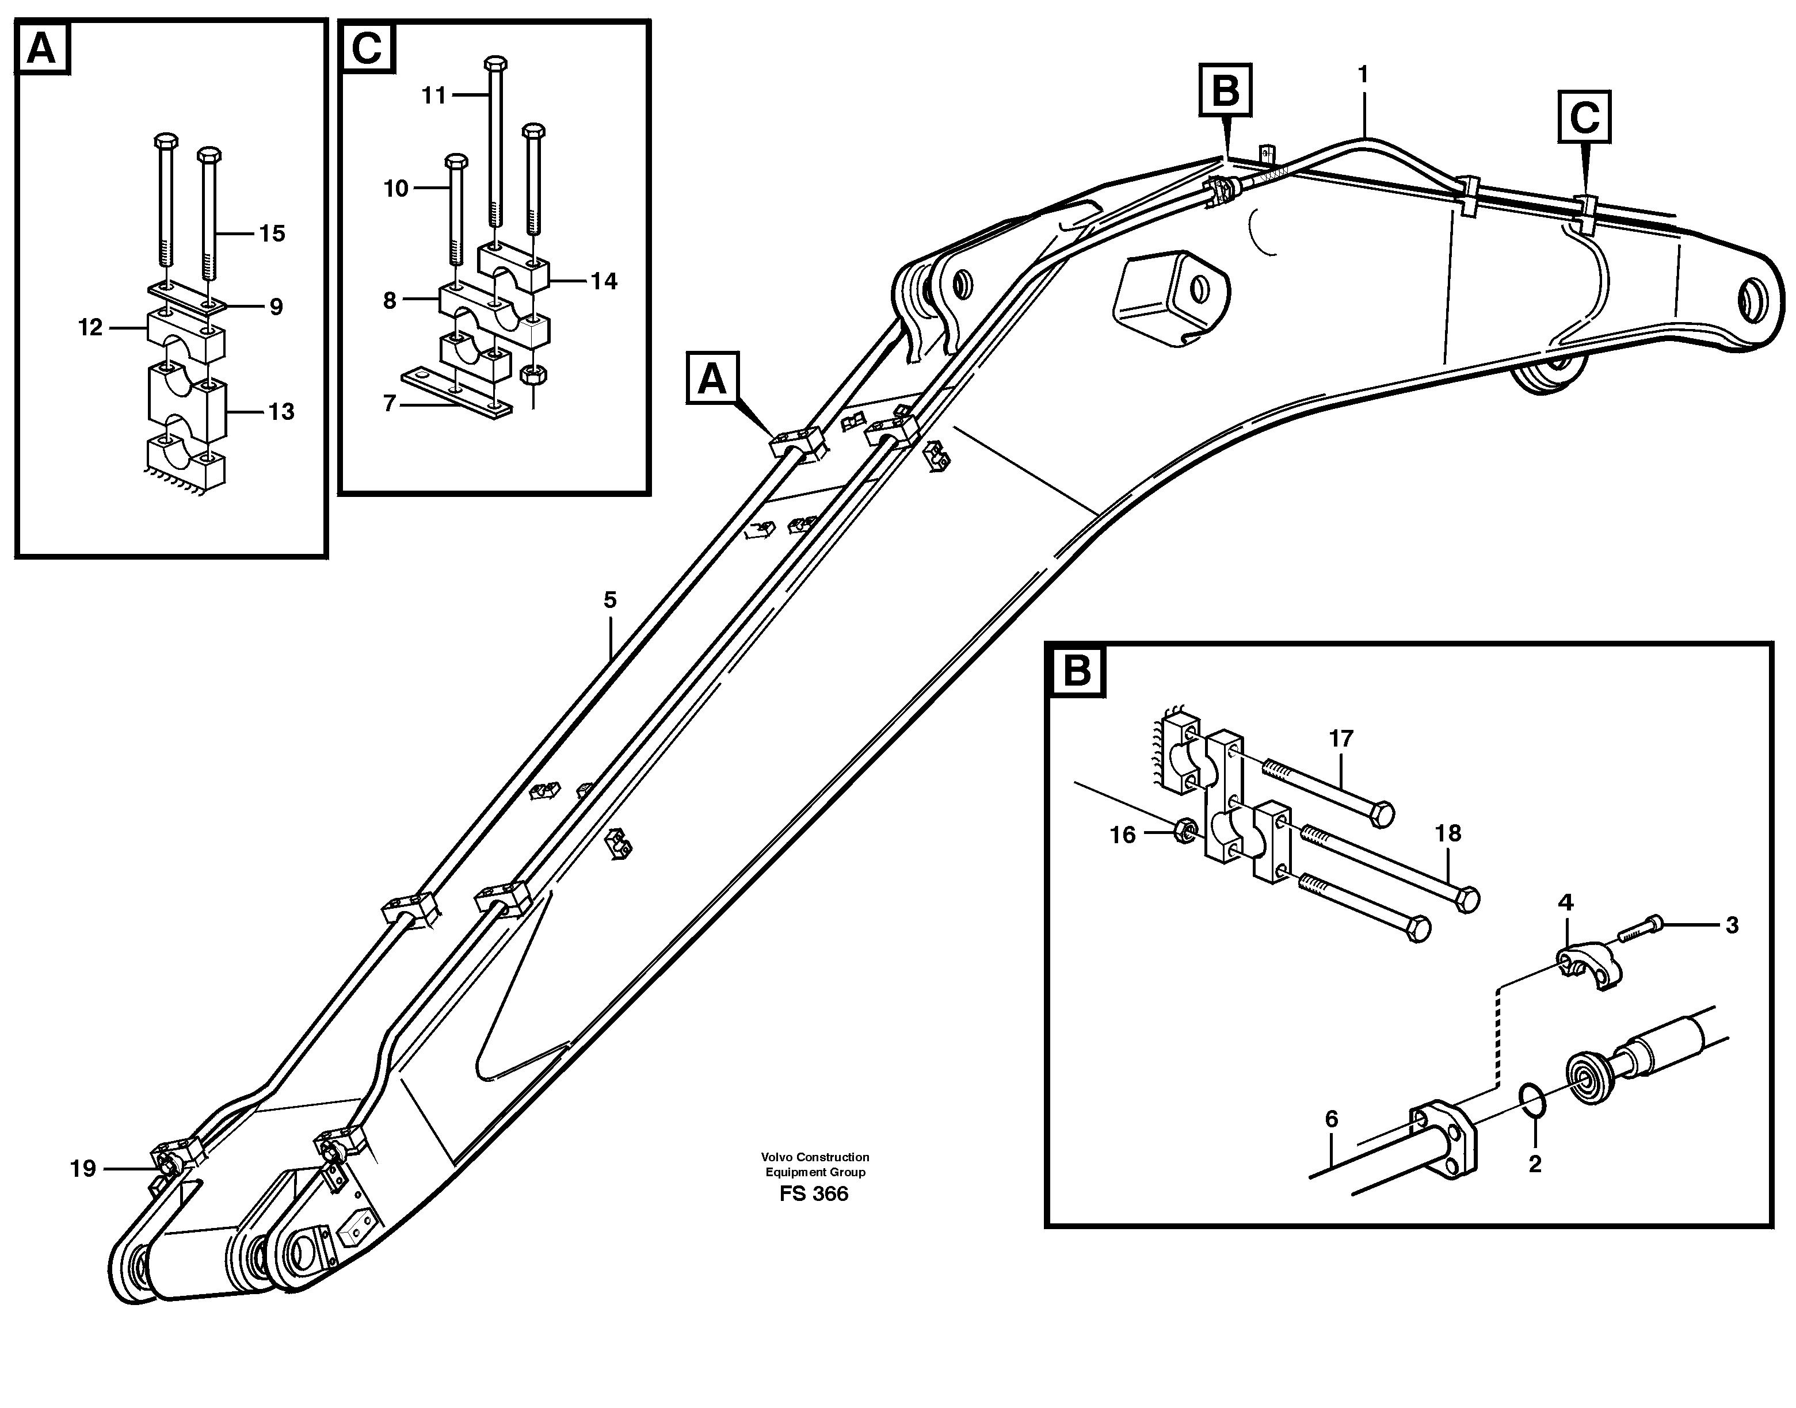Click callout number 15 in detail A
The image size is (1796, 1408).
[272, 234]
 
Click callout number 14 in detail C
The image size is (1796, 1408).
[604, 281]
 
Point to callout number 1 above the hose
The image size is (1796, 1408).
[1363, 75]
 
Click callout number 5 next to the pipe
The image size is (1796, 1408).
[610, 600]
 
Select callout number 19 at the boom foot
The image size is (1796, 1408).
[83, 1168]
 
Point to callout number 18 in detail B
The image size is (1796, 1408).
[1448, 833]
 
